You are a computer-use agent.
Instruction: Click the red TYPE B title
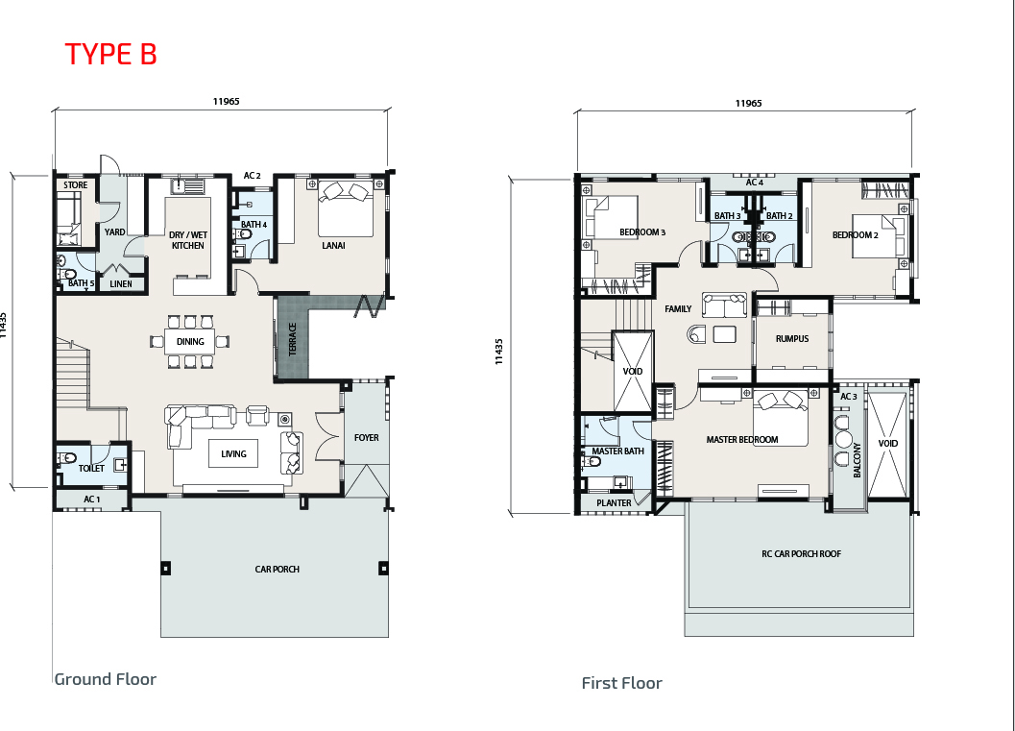click(x=110, y=54)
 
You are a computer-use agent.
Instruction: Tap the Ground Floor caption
click(x=106, y=679)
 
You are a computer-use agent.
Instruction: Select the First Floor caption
click(x=621, y=683)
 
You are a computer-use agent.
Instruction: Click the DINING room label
click(x=190, y=342)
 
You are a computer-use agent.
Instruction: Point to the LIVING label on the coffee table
click(x=233, y=454)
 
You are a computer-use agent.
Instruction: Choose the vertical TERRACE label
click(x=292, y=339)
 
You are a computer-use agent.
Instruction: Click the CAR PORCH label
click(x=278, y=569)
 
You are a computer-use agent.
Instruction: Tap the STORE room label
click(x=75, y=185)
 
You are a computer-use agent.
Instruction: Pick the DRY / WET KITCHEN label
click(x=187, y=240)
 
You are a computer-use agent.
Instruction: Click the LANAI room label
click(x=333, y=245)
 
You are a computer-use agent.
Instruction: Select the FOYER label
click(x=367, y=438)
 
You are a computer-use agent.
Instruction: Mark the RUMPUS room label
click(x=792, y=339)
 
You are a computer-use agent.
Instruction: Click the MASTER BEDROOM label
click(x=742, y=440)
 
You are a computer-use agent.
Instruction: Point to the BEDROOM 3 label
click(x=642, y=232)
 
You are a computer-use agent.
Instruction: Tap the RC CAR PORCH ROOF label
click(x=802, y=553)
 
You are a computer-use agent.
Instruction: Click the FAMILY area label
click(x=678, y=309)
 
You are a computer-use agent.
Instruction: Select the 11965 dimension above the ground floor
click(x=226, y=101)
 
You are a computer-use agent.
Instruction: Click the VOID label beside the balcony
click(x=888, y=444)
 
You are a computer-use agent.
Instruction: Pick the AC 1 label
click(x=92, y=500)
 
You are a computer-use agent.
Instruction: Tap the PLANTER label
click(x=614, y=503)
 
